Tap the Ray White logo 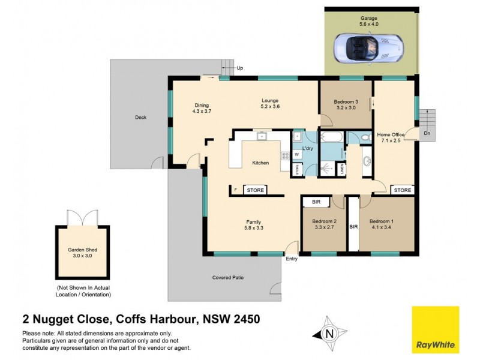click(435, 329)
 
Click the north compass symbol click(328, 332)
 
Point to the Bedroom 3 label click(347, 102)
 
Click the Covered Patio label click(228, 278)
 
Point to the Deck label click(140, 118)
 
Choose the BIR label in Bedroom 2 click(316, 203)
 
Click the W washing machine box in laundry click(296, 154)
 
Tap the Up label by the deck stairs click(240, 68)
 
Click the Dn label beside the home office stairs click(427, 133)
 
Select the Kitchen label click(260, 163)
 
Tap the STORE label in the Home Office click(402, 190)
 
